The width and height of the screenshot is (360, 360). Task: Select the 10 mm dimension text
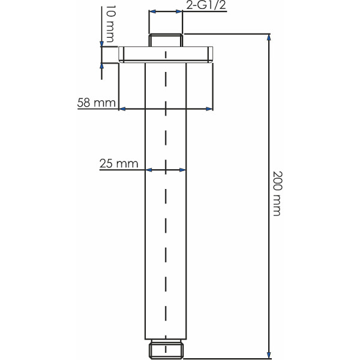tap(109, 25)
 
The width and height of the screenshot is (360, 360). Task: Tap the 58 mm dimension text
tap(96, 103)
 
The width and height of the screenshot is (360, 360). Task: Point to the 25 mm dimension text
tap(119, 163)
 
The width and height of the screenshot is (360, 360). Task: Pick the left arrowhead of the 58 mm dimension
tap(122, 109)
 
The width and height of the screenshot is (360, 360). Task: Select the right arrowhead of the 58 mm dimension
tap(209, 109)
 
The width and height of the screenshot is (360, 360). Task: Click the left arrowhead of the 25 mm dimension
tap(149, 170)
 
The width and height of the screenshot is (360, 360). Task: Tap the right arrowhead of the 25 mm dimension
tap(182, 170)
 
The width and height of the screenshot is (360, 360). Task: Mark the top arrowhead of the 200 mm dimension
tap(268, 37)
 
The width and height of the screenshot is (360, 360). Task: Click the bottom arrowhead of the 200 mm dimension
tap(268, 354)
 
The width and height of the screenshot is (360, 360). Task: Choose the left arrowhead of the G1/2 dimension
tap(152, 12)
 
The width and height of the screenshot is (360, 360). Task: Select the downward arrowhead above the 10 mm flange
tap(102, 43)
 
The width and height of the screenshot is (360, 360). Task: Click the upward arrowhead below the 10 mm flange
tap(102, 67)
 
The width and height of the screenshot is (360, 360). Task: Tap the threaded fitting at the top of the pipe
tap(165, 40)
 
